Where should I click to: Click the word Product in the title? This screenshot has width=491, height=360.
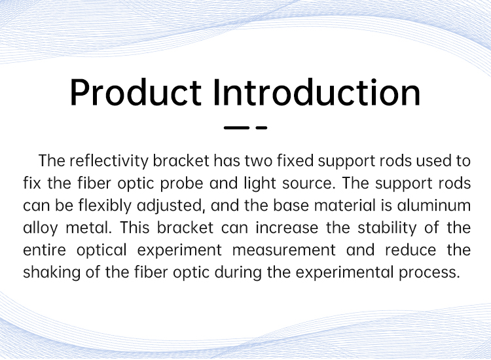pos(136,92)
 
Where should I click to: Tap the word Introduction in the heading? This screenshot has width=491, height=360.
pos(317,92)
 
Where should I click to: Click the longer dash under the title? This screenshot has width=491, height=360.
pos(236,128)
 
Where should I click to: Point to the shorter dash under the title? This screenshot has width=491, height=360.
pos(261,128)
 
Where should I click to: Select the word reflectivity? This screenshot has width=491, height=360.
pos(109,161)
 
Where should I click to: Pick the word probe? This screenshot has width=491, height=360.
pos(181,183)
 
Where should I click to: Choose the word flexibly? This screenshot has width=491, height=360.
pos(105,206)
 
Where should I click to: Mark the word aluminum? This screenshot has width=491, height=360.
pos(433,206)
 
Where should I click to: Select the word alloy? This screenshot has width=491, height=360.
pos(41,228)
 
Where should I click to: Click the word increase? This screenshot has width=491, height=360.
pos(287,228)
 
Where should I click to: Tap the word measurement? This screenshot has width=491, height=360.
pos(283,251)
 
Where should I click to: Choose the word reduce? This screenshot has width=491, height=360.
pos(410,251)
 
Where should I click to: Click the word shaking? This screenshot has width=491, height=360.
pos(52,273)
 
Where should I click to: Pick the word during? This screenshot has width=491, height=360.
pos(238,273)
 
